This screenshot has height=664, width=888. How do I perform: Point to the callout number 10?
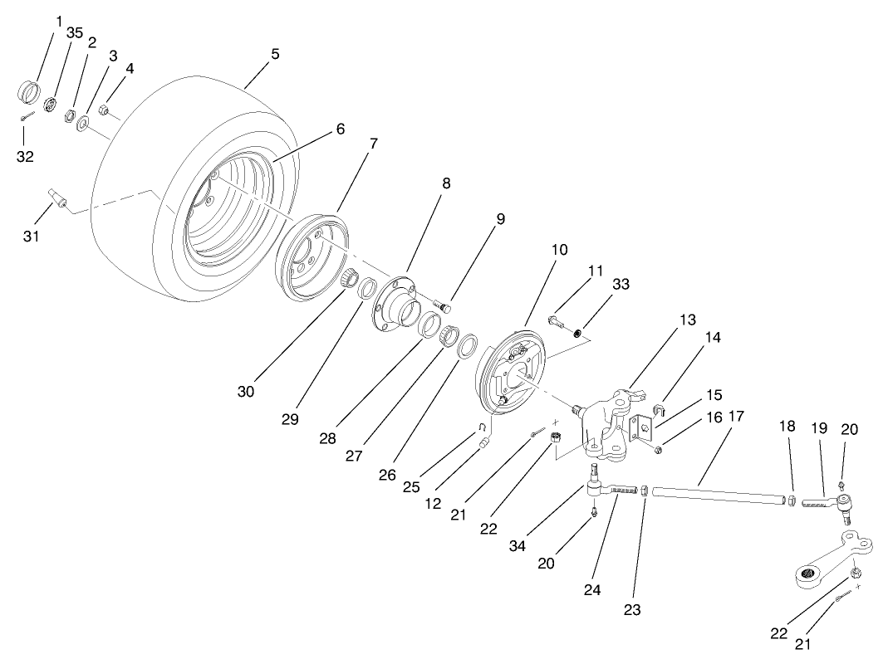pos(559,249)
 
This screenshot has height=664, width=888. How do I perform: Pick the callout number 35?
pos(75,33)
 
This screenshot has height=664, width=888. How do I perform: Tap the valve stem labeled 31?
pos(57,199)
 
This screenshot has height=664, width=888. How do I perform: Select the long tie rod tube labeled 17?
pos(719,496)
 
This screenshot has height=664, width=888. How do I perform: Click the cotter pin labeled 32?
pos(28,117)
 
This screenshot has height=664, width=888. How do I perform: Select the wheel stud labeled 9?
pos(444,306)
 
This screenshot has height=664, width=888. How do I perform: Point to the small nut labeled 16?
pos(658,449)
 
